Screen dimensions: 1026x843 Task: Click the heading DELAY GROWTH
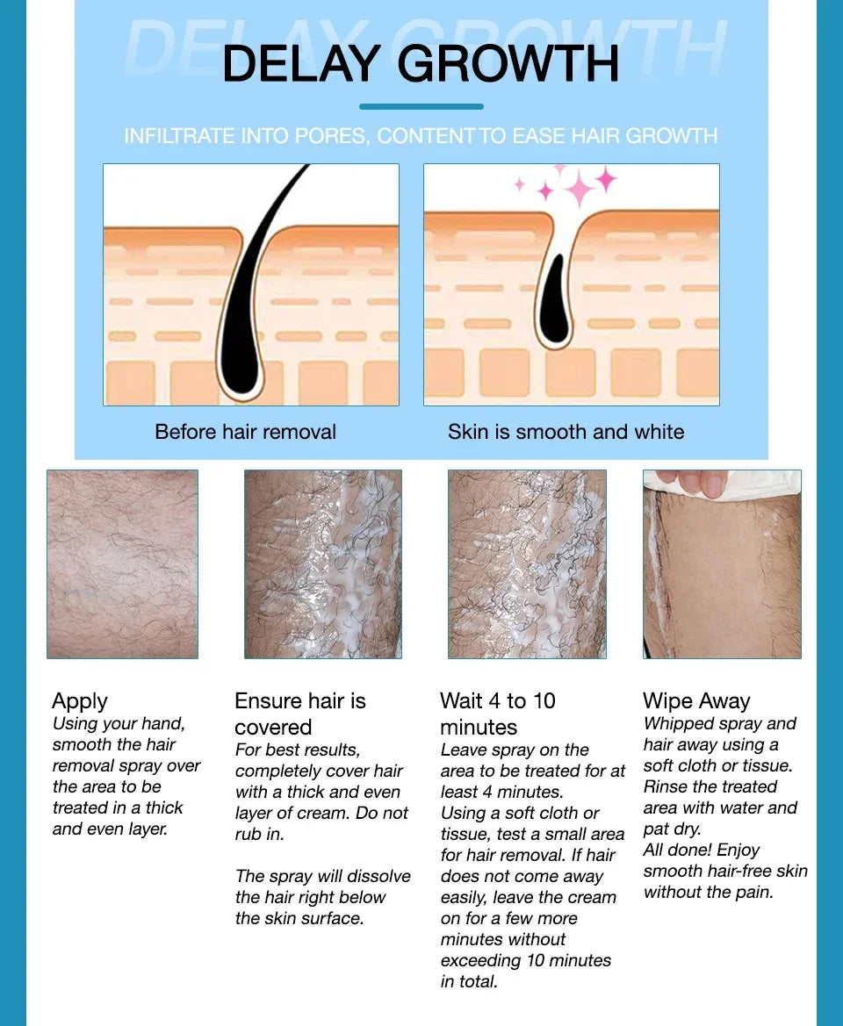pyautogui.click(x=421, y=64)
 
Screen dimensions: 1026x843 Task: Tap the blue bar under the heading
pyautogui.click(x=421, y=106)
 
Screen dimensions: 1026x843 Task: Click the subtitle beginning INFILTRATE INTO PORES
pyautogui.click(x=421, y=136)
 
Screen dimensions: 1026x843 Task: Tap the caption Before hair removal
pyautogui.click(x=245, y=432)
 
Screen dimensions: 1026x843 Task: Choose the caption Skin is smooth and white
pyautogui.click(x=566, y=432)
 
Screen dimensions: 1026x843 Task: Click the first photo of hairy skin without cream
pyautogui.click(x=122, y=563)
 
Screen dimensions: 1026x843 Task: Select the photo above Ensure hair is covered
pyautogui.click(x=322, y=563)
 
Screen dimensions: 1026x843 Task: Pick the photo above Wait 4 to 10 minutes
pyautogui.click(x=527, y=563)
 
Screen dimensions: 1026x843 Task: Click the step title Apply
pyautogui.click(x=80, y=700)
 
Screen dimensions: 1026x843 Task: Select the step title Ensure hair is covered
pyautogui.click(x=299, y=714)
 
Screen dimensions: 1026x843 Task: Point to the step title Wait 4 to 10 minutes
pyautogui.click(x=497, y=714)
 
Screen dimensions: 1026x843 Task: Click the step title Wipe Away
pyautogui.click(x=696, y=700)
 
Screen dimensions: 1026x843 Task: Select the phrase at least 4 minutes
pyautogui.click(x=501, y=792)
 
